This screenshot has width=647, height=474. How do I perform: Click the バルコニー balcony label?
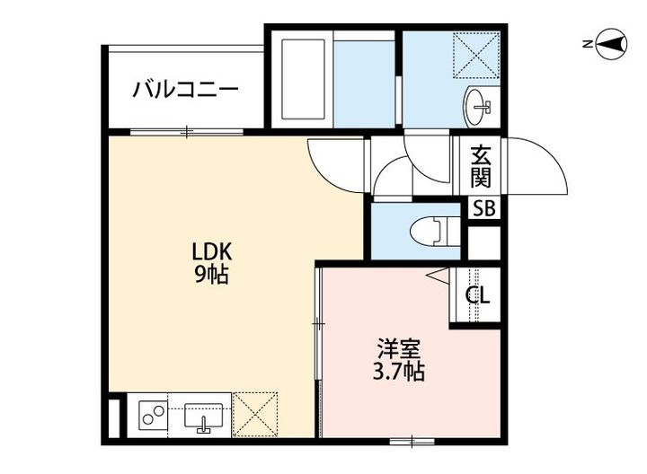click(x=185, y=90)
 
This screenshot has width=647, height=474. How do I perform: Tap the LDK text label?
click(x=212, y=250)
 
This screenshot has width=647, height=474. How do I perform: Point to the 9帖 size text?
click(x=212, y=275)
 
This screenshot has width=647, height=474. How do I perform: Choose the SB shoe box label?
click(x=483, y=209)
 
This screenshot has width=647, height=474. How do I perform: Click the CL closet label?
click(x=477, y=294)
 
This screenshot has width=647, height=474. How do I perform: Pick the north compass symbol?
click(x=611, y=43)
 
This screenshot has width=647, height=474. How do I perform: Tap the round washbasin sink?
click(x=478, y=107)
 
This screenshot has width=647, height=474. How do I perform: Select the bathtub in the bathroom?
click(x=305, y=79)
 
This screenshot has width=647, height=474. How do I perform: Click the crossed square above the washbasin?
click(x=476, y=54)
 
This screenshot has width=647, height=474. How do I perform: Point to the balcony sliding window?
click(x=186, y=133)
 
